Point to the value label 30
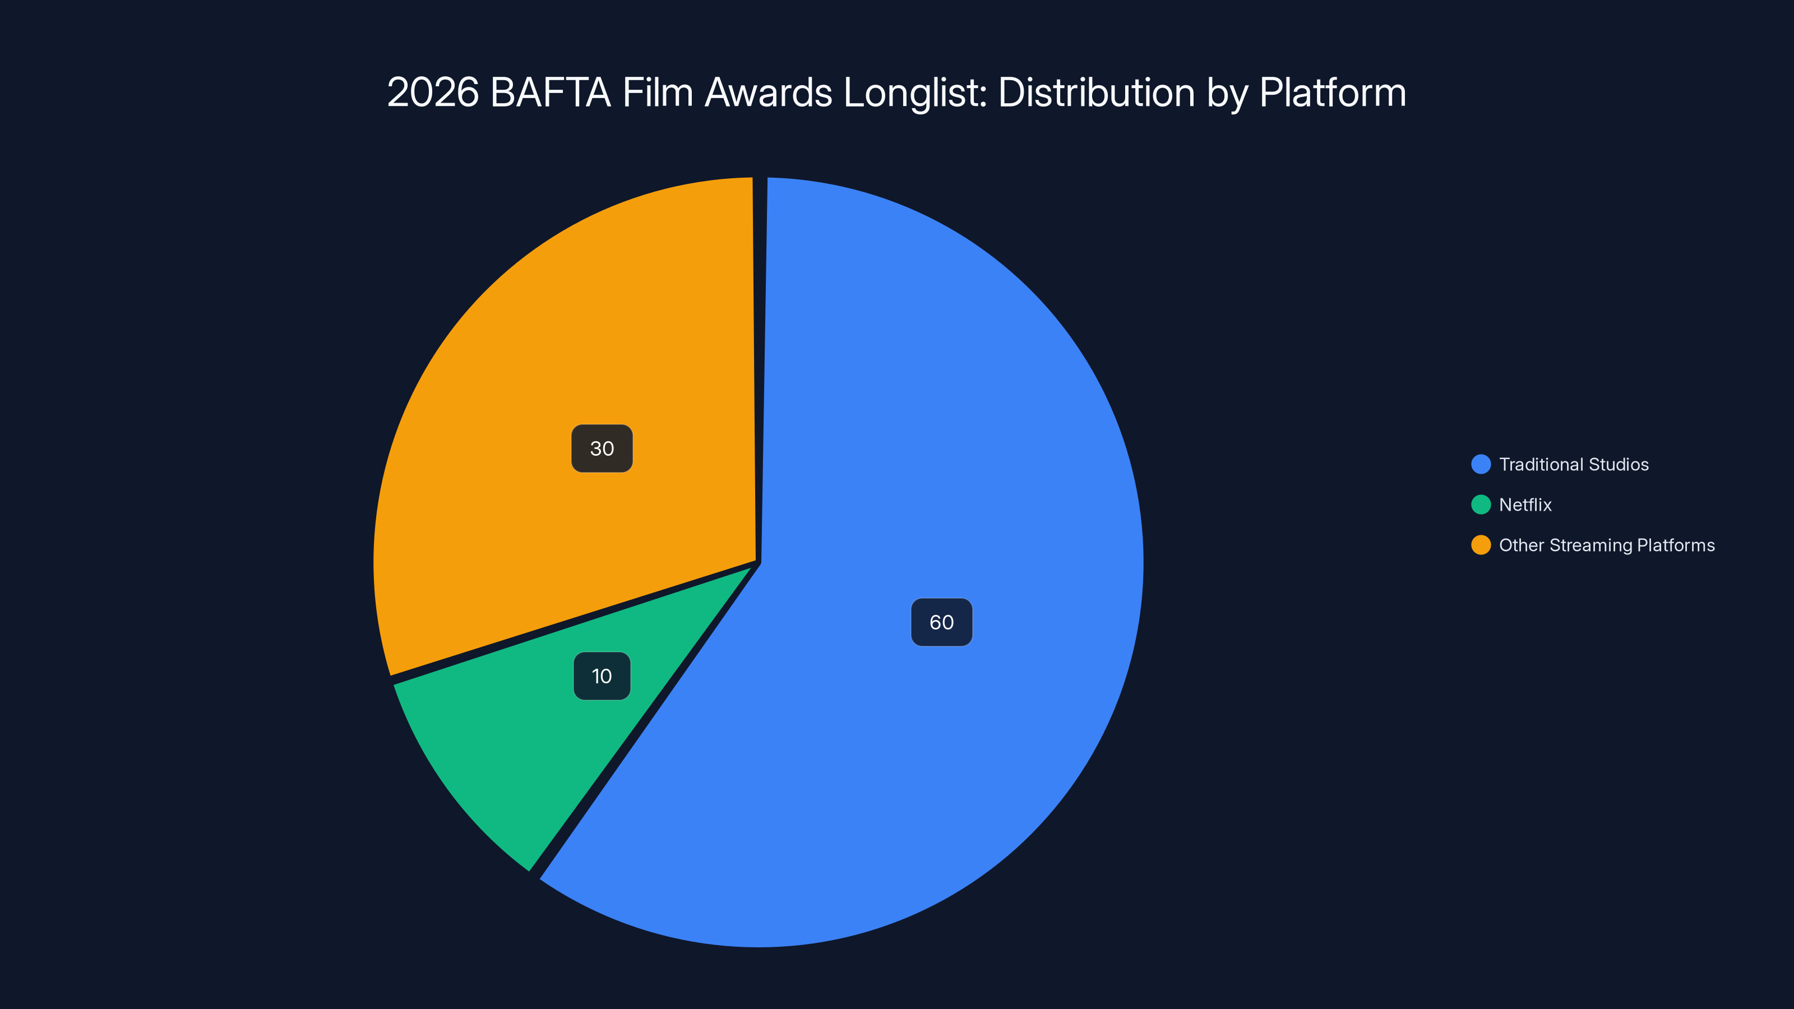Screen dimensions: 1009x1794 click(602, 448)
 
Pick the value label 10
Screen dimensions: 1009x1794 click(602, 676)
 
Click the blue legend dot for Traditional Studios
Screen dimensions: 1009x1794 click(1481, 465)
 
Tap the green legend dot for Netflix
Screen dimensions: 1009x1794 click(1481, 505)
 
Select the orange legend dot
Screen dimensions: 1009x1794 click(1481, 545)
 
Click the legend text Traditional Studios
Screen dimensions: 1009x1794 click(1573, 465)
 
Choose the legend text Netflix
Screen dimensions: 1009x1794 click(1525, 505)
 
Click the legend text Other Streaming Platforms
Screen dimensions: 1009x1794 click(1607, 545)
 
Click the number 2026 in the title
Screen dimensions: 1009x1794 click(432, 92)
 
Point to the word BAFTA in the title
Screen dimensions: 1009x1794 click(550, 92)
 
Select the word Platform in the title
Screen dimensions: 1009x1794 click(1332, 92)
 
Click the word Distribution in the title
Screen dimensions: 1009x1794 click(1096, 92)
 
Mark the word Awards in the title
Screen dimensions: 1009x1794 click(768, 92)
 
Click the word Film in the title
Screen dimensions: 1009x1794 click(658, 92)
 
